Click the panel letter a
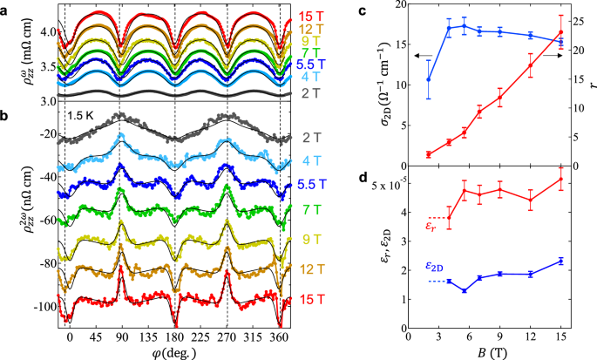(x=7, y=7)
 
